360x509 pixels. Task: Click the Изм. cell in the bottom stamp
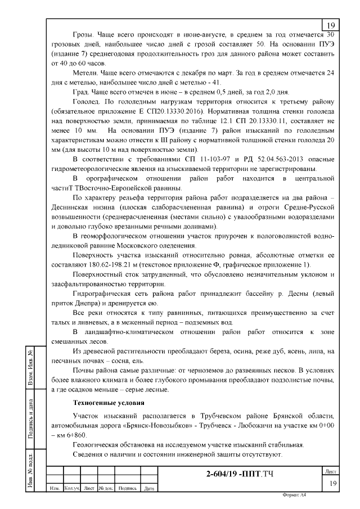pyautogui.click(x=55, y=488)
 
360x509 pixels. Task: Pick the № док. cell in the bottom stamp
pyautogui.click(x=106, y=488)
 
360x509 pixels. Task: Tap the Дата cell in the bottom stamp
pyautogui.click(x=149, y=488)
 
